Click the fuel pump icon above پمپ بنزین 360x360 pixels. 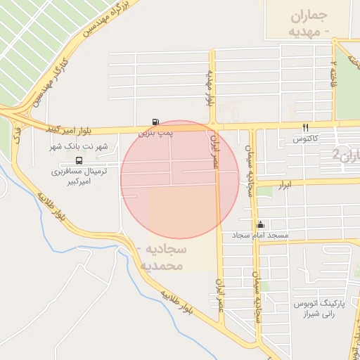point(155,122)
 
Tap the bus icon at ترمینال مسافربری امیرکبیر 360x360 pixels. point(77,160)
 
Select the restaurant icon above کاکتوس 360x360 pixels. point(305,127)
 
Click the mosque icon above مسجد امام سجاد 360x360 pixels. point(261,224)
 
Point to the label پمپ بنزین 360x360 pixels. point(153,132)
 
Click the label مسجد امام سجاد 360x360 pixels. point(262,235)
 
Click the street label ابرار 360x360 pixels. point(285,184)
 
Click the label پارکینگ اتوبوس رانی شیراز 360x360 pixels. point(319,309)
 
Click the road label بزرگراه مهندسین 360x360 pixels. point(109,20)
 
